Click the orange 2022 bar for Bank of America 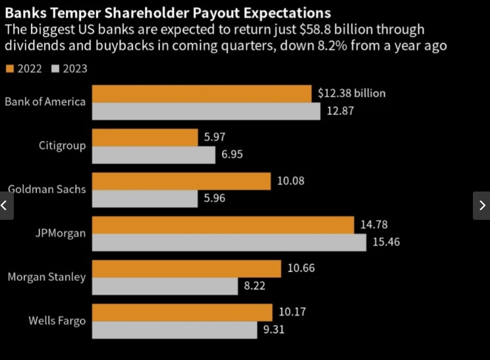pos(202,93)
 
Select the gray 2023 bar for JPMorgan pos(229,242)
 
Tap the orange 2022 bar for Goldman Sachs pos(181,181)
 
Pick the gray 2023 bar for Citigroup pos(153,155)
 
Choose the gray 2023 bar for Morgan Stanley pos(165,286)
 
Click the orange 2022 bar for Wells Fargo pos(182,312)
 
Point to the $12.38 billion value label pos(351,93)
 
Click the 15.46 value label pos(386,242)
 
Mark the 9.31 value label pos(273,330)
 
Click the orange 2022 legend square pos(9,68)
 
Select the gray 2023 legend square pos(55,68)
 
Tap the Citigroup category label pos(62,145)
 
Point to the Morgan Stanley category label pos(46,277)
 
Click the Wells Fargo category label pos(57,321)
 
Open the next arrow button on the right pos(481,205)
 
